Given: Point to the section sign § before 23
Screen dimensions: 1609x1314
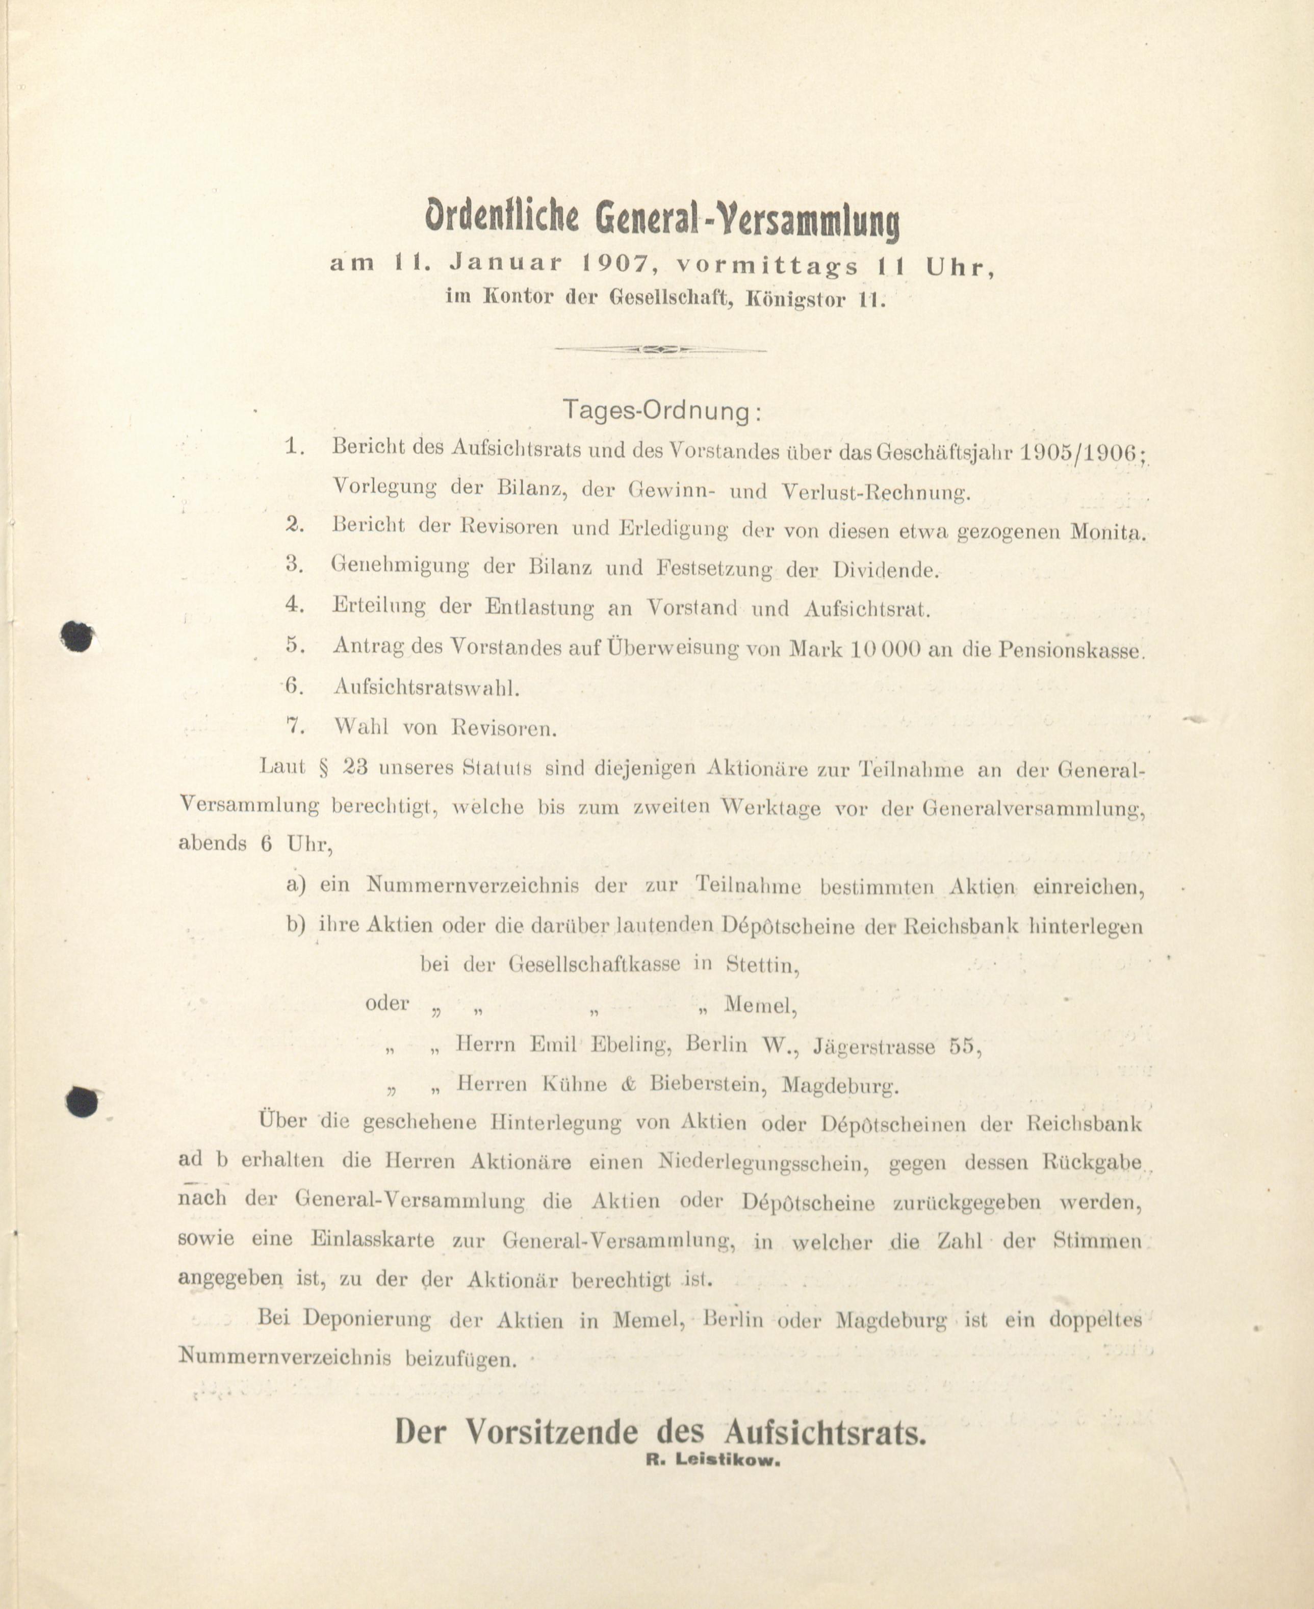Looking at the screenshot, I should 324,767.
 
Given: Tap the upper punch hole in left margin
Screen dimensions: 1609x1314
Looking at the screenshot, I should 77,635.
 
